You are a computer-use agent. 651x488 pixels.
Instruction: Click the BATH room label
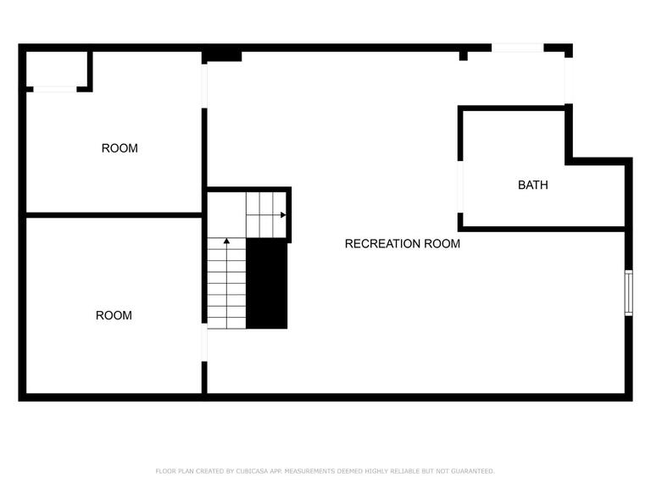tap(532, 185)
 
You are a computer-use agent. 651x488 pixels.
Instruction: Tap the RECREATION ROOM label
tap(403, 244)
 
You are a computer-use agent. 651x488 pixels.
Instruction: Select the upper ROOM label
tap(120, 148)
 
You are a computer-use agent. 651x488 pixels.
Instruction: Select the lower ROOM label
tap(114, 315)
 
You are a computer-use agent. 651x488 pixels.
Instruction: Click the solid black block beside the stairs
tap(266, 284)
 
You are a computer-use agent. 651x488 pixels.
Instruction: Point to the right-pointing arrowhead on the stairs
tap(283, 215)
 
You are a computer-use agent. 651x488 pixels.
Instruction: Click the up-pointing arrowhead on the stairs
tap(226, 241)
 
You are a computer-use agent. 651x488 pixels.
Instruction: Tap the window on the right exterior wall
tap(629, 292)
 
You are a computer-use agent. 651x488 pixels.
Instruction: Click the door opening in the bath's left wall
tap(460, 186)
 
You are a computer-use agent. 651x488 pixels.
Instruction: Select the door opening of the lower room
tap(204, 342)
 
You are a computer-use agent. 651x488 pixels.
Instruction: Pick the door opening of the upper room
tap(204, 86)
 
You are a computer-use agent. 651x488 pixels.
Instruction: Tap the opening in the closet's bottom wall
tap(55, 89)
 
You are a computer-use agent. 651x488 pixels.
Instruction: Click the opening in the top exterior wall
tap(518, 47)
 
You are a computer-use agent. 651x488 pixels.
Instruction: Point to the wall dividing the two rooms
tap(114, 215)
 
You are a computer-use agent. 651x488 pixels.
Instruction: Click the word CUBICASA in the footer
tap(252, 471)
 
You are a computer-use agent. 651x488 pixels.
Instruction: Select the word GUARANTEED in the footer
tap(473, 471)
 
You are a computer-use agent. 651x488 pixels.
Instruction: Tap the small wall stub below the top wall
tap(464, 56)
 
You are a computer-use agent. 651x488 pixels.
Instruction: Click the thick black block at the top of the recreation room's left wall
tap(222, 57)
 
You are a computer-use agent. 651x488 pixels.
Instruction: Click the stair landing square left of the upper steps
tap(226, 215)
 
